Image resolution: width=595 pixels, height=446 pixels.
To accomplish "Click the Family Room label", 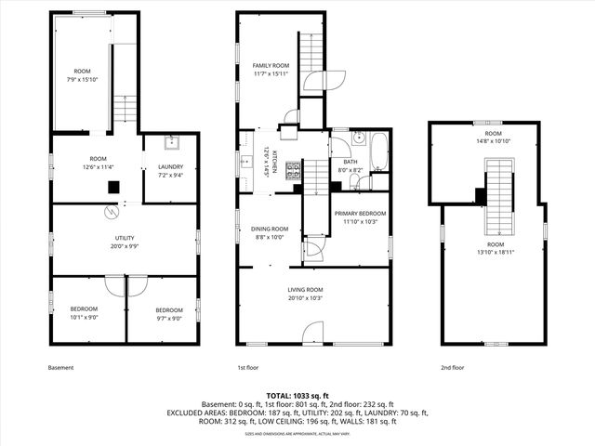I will [x=271, y=69].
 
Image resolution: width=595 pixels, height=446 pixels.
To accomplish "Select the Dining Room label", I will [x=270, y=232].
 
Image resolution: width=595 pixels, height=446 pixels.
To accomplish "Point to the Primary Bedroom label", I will [x=360, y=217].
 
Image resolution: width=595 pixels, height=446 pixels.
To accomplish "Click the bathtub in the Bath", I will [x=377, y=151].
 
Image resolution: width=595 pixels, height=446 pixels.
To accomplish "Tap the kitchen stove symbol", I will [x=293, y=170].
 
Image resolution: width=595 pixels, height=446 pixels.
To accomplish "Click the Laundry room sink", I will [x=172, y=142].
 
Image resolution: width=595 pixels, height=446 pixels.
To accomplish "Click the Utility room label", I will [x=124, y=243].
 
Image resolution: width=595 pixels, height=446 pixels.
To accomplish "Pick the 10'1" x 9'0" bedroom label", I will [x=85, y=313].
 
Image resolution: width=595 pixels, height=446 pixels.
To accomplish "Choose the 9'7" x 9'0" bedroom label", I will [x=169, y=313].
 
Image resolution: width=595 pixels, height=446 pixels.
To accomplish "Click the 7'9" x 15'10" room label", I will [x=83, y=74].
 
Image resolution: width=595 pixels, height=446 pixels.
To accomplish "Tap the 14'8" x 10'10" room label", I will [x=493, y=137].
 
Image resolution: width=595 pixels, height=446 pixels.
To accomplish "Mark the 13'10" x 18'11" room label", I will [x=493, y=249].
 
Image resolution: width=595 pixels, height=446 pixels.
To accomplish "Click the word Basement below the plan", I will [x=60, y=368].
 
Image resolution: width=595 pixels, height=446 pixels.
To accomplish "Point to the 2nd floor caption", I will [x=453, y=368].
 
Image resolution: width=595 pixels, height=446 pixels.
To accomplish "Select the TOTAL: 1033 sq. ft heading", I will [x=297, y=396].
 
